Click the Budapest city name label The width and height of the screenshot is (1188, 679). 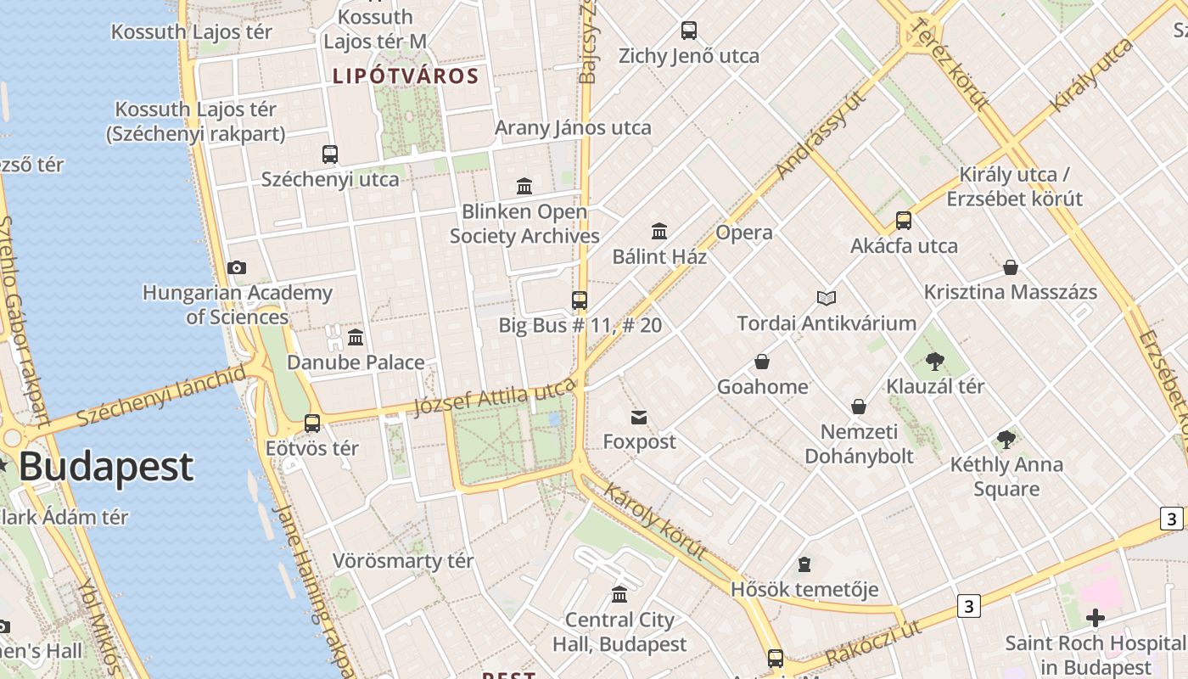click(x=106, y=467)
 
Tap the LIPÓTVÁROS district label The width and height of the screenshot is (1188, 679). click(x=406, y=76)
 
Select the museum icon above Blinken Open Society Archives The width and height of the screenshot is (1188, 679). click(x=524, y=186)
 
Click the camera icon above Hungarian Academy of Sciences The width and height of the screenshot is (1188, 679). click(x=237, y=268)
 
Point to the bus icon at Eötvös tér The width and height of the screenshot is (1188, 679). click(x=312, y=423)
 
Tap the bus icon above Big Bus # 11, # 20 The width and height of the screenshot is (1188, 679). click(x=580, y=300)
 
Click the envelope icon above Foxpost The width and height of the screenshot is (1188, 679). click(x=639, y=417)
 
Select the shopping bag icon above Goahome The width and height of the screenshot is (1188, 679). click(x=762, y=362)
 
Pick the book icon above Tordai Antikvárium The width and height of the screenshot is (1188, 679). click(x=827, y=298)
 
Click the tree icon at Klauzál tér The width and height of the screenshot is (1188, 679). click(x=935, y=362)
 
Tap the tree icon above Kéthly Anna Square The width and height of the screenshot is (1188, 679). click(x=1006, y=440)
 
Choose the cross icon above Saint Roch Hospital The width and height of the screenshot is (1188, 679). click(x=1096, y=618)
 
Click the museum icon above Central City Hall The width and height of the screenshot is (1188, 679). click(x=619, y=594)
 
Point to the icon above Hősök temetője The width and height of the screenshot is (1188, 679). click(x=804, y=564)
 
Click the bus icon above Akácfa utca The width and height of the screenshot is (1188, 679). click(x=904, y=221)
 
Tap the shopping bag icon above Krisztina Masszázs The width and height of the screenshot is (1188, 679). click(x=1011, y=267)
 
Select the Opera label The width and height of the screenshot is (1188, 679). click(x=744, y=233)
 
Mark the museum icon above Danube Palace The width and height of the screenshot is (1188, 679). click(x=356, y=337)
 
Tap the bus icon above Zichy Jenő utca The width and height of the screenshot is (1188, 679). click(x=689, y=31)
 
